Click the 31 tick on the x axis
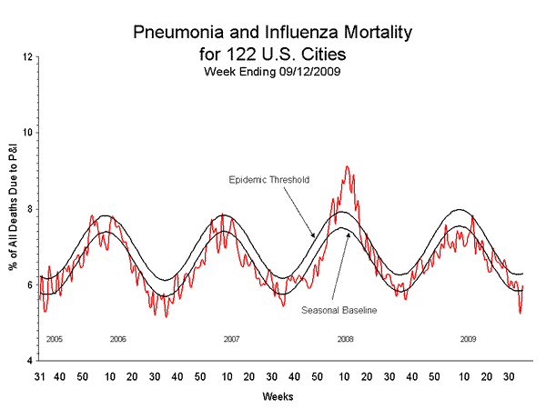point(40,375)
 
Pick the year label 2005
point(54,339)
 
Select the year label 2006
point(117,339)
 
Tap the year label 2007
point(231,339)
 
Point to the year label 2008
point(345,339)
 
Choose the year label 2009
point(468,339)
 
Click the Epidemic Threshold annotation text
point(268,180)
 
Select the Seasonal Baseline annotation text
point(339,310)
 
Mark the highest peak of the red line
point(347,166)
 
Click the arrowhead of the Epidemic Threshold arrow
point(316,238)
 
